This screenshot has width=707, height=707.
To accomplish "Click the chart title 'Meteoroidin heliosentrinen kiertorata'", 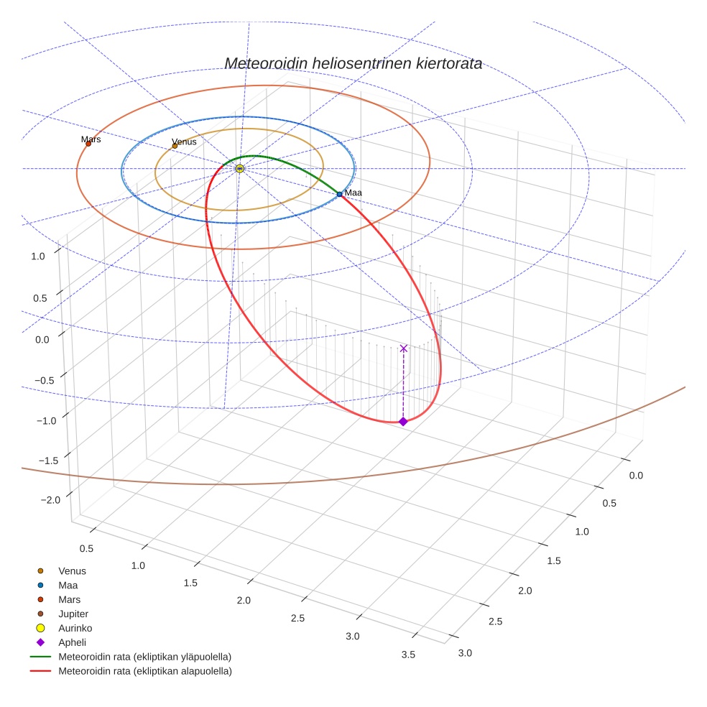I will [x=353, y=63].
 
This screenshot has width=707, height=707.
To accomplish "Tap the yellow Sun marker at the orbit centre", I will [x=240, y=168].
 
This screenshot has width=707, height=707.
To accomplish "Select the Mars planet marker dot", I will [x=88, y=144].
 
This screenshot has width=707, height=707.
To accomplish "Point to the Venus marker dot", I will [x=175, y=146].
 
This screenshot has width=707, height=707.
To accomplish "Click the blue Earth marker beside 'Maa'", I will [x=339, y=194].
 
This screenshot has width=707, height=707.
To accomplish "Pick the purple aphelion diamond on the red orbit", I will [x=403, y=421].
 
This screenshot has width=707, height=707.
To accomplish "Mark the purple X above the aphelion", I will [x=403, y=348].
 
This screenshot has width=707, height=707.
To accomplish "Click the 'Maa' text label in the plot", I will [x=353, y=193].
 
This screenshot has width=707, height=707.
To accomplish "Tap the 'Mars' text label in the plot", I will [x=91, y=139].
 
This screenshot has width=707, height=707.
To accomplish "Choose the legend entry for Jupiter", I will [x=73, y=614].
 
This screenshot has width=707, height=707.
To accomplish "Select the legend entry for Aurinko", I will [x=75, y=628].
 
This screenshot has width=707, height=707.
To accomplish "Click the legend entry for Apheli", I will [x=72, y=642].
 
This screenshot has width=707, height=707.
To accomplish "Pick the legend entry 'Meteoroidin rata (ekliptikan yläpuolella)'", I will [x=144, y=657].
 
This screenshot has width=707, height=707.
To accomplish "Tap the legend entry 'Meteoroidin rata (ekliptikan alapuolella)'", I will [x=144, y=671].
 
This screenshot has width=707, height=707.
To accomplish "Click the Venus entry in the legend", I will [x=72, y=570].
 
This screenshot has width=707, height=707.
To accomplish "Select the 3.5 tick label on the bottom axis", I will [x=408, y=654].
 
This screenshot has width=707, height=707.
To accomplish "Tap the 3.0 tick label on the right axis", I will [x=464, y=652].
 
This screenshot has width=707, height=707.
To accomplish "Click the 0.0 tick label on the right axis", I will [x=636, y=475].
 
